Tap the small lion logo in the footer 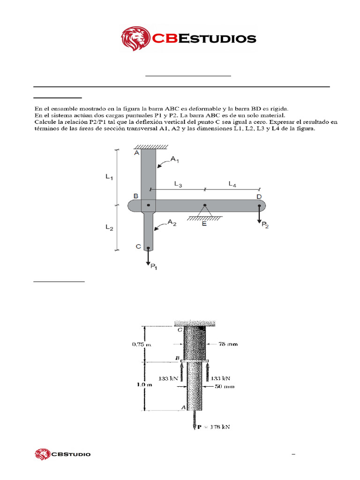[x=42, y=454]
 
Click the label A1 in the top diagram [x=175, y=160]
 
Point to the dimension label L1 [x=109, y=177]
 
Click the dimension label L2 [x=109, y=228]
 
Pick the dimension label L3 [x=178, y=185]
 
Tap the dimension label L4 [x=232, y=185]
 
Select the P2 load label [x=266, y=225]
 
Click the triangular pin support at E [x=205, y=212]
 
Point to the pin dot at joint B [x=149, y=205]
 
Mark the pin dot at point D [x=259, y=205]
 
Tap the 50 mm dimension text [x=226, y=387]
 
